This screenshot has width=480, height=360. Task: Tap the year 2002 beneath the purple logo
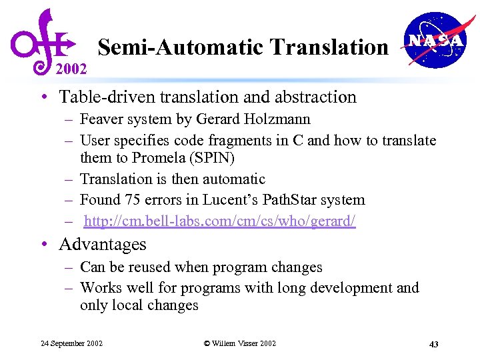coord(71,68)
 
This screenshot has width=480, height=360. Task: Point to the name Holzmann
coord(279,120)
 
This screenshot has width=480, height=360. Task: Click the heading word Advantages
coord(103,245)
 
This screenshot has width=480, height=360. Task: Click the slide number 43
coord(433,344)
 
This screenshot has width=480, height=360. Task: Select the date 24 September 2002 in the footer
coord(72,343)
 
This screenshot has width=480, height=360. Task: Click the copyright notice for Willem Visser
coord(240,343)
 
